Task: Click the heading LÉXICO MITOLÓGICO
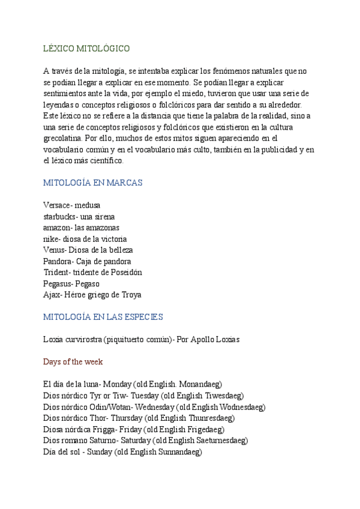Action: pyautogui.click(x=86, y=48)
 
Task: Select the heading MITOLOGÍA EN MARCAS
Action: pyautogui.click(x=93, y=182)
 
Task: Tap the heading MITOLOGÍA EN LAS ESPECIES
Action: pyautogui.click(x=103, y=317)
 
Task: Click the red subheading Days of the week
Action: pyautogui.click(x=73, y=362)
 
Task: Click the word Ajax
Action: pyautogui.click(x=52, y=295)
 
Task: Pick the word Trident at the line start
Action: pyautogui.click(x=56, y=273)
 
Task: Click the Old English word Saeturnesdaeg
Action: pyautogui.click(x=217, y=441)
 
